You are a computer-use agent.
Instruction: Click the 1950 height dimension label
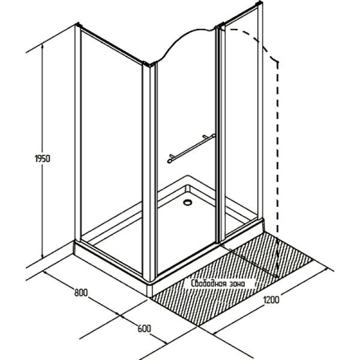(42, 158)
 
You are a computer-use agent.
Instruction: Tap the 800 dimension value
(81, 293)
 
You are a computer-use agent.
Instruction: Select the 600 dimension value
(145, 329)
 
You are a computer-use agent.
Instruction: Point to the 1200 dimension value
(271, 300)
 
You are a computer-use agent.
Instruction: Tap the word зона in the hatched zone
(237, 284)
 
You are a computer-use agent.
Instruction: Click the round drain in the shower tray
(188, 202)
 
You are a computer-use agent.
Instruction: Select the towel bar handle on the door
(191, 148)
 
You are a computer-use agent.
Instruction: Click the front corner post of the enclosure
(149, 172)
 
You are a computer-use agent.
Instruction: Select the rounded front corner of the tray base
(149, 289)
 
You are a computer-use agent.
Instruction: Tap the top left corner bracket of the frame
(79, 25)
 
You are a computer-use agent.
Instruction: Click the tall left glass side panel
(111, 152)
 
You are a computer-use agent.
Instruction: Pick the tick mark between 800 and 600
(120, 317)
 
